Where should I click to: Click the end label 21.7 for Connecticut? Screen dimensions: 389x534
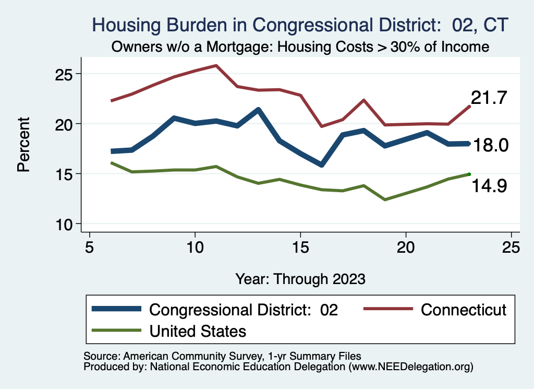coord(489,98)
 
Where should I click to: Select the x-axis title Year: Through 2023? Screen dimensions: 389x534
coord(300,278)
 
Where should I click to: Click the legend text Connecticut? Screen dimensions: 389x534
coord(463,310)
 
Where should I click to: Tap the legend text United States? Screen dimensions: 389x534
coord(198,331)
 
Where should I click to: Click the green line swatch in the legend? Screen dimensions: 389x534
coord(116,330)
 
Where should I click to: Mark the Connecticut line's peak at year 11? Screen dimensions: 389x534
coord(216,65)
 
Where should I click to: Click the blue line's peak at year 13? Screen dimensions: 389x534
coord(258,110)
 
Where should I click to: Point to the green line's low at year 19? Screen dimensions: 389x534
coord(385,199)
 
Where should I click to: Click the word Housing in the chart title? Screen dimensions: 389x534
coord(122,25)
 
